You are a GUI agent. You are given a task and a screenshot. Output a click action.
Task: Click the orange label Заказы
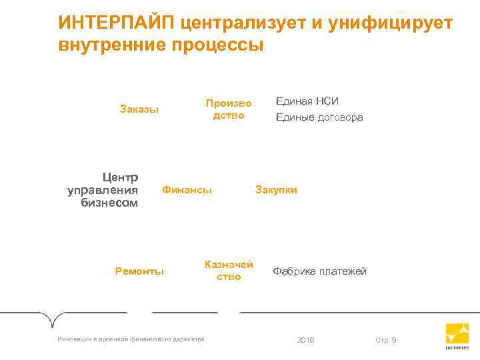tap(139, 109)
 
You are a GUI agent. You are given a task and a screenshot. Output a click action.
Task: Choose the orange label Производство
tap(229, 109)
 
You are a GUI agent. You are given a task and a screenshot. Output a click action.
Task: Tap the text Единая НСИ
tap(307, 101)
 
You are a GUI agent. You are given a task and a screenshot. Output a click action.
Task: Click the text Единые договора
tap(319, 117)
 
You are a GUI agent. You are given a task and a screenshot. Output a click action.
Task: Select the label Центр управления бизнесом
tap(104, 190)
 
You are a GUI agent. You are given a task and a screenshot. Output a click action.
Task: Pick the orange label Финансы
tap(187, 190)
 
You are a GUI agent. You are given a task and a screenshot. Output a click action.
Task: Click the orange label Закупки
tap(276, 190)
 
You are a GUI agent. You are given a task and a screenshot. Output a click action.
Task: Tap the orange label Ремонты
tap(139, 271)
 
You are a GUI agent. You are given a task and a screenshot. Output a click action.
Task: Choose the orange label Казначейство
tap(229, 270)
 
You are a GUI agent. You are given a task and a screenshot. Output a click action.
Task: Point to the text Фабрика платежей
tap(319, 271)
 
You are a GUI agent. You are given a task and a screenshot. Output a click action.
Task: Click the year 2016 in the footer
tap(305, 341)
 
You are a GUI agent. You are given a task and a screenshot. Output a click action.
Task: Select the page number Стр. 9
tap(385, 341)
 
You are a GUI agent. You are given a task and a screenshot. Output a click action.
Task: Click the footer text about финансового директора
tap(131, 339)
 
